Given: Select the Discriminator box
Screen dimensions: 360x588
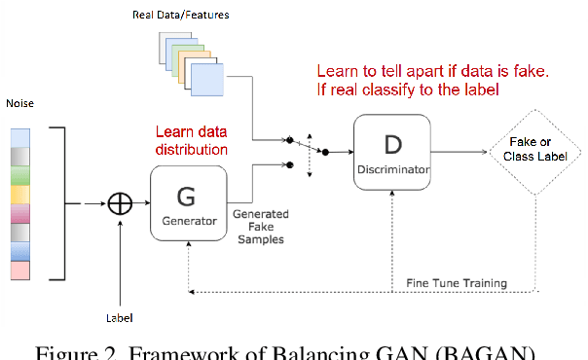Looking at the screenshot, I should pyautogui.click(x=391, y=152).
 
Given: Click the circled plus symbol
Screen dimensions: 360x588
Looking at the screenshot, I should pyautogui.click(x=120, y=204).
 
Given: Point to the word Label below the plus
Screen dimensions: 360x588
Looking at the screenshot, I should pyautogui.click(x=118, y=317).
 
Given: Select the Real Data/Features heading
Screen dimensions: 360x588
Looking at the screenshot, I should pyautogui.click(x=174, y=17).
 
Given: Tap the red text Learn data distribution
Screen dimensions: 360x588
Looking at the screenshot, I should pyautogui.click(x=193, y=141).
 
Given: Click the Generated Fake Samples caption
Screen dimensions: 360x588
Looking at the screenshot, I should pyautogui.click(x=259, y=226).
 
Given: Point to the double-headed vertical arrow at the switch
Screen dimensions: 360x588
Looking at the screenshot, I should pyautogui.click(x=309, y=152).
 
